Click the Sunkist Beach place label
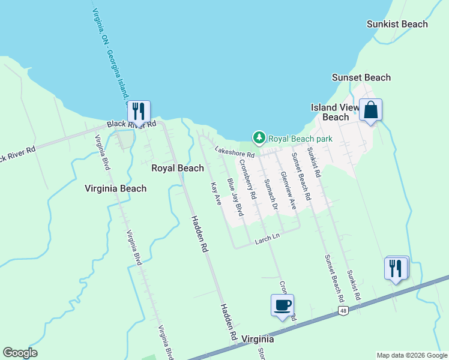point(397,24)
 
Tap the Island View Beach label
point(335,112)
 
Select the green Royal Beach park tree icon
point(259,138)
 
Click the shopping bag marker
point(371,110)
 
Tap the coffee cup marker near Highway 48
point(282,306)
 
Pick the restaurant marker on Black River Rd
point(139,112)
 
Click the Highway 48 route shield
point(343,310)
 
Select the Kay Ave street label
point(216,194)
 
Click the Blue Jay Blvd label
point(235,197)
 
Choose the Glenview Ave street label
point(288,191)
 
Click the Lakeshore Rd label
point(235,152)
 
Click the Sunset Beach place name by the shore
point(361,77)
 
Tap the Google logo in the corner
point(20,353)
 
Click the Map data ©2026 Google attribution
point(412,355)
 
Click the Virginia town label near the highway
point(258,339)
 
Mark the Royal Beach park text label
point(300,138)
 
